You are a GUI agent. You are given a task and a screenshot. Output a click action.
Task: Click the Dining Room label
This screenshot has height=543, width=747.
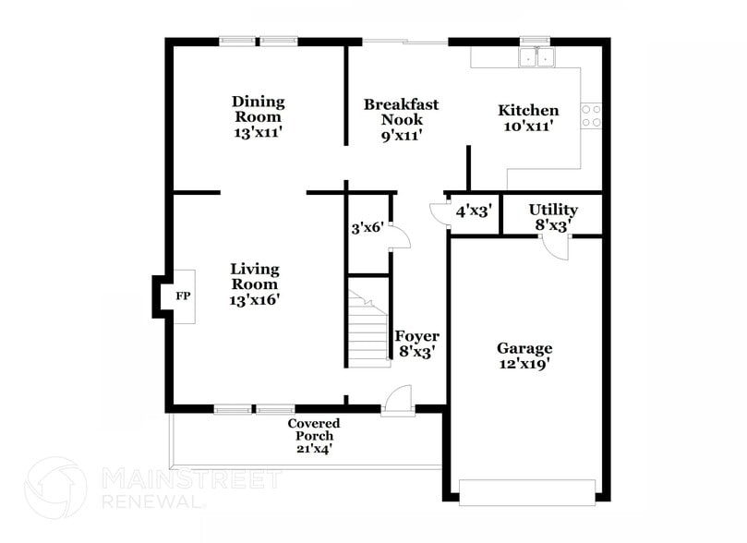(x=258, y=109)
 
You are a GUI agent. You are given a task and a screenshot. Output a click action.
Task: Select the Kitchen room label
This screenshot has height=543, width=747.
(x=528, y=110)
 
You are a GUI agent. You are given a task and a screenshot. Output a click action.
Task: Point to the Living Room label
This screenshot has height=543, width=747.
(x=255, y=276)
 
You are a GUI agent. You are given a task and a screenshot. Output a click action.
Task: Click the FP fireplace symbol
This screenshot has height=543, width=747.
(x=182, y=297)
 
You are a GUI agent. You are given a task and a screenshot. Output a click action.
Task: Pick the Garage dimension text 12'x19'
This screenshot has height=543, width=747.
(x=524, y=364)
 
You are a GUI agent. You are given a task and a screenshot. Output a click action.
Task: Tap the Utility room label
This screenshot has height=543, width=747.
(x=553, y=210)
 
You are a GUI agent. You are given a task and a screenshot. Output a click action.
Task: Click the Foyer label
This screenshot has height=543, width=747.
(x=416, y=336)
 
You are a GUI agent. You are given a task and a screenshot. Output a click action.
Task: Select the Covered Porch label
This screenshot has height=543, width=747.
(x=314, y=429)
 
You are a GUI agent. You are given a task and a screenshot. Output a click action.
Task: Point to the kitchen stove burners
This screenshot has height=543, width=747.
(x=591, y=115)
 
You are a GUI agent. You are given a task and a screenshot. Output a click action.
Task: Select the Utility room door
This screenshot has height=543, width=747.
(x=556, y=247)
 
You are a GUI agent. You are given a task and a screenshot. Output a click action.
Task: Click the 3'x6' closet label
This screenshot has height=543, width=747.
(x=367, y=228)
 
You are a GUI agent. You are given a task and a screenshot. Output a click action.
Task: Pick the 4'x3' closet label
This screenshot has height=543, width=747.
(x=473, y=211)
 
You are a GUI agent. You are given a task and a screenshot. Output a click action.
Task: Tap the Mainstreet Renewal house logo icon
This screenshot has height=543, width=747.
(x=55, y=489)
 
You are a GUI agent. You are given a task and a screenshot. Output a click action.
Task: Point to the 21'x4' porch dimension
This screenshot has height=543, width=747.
(x=313, y=449)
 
